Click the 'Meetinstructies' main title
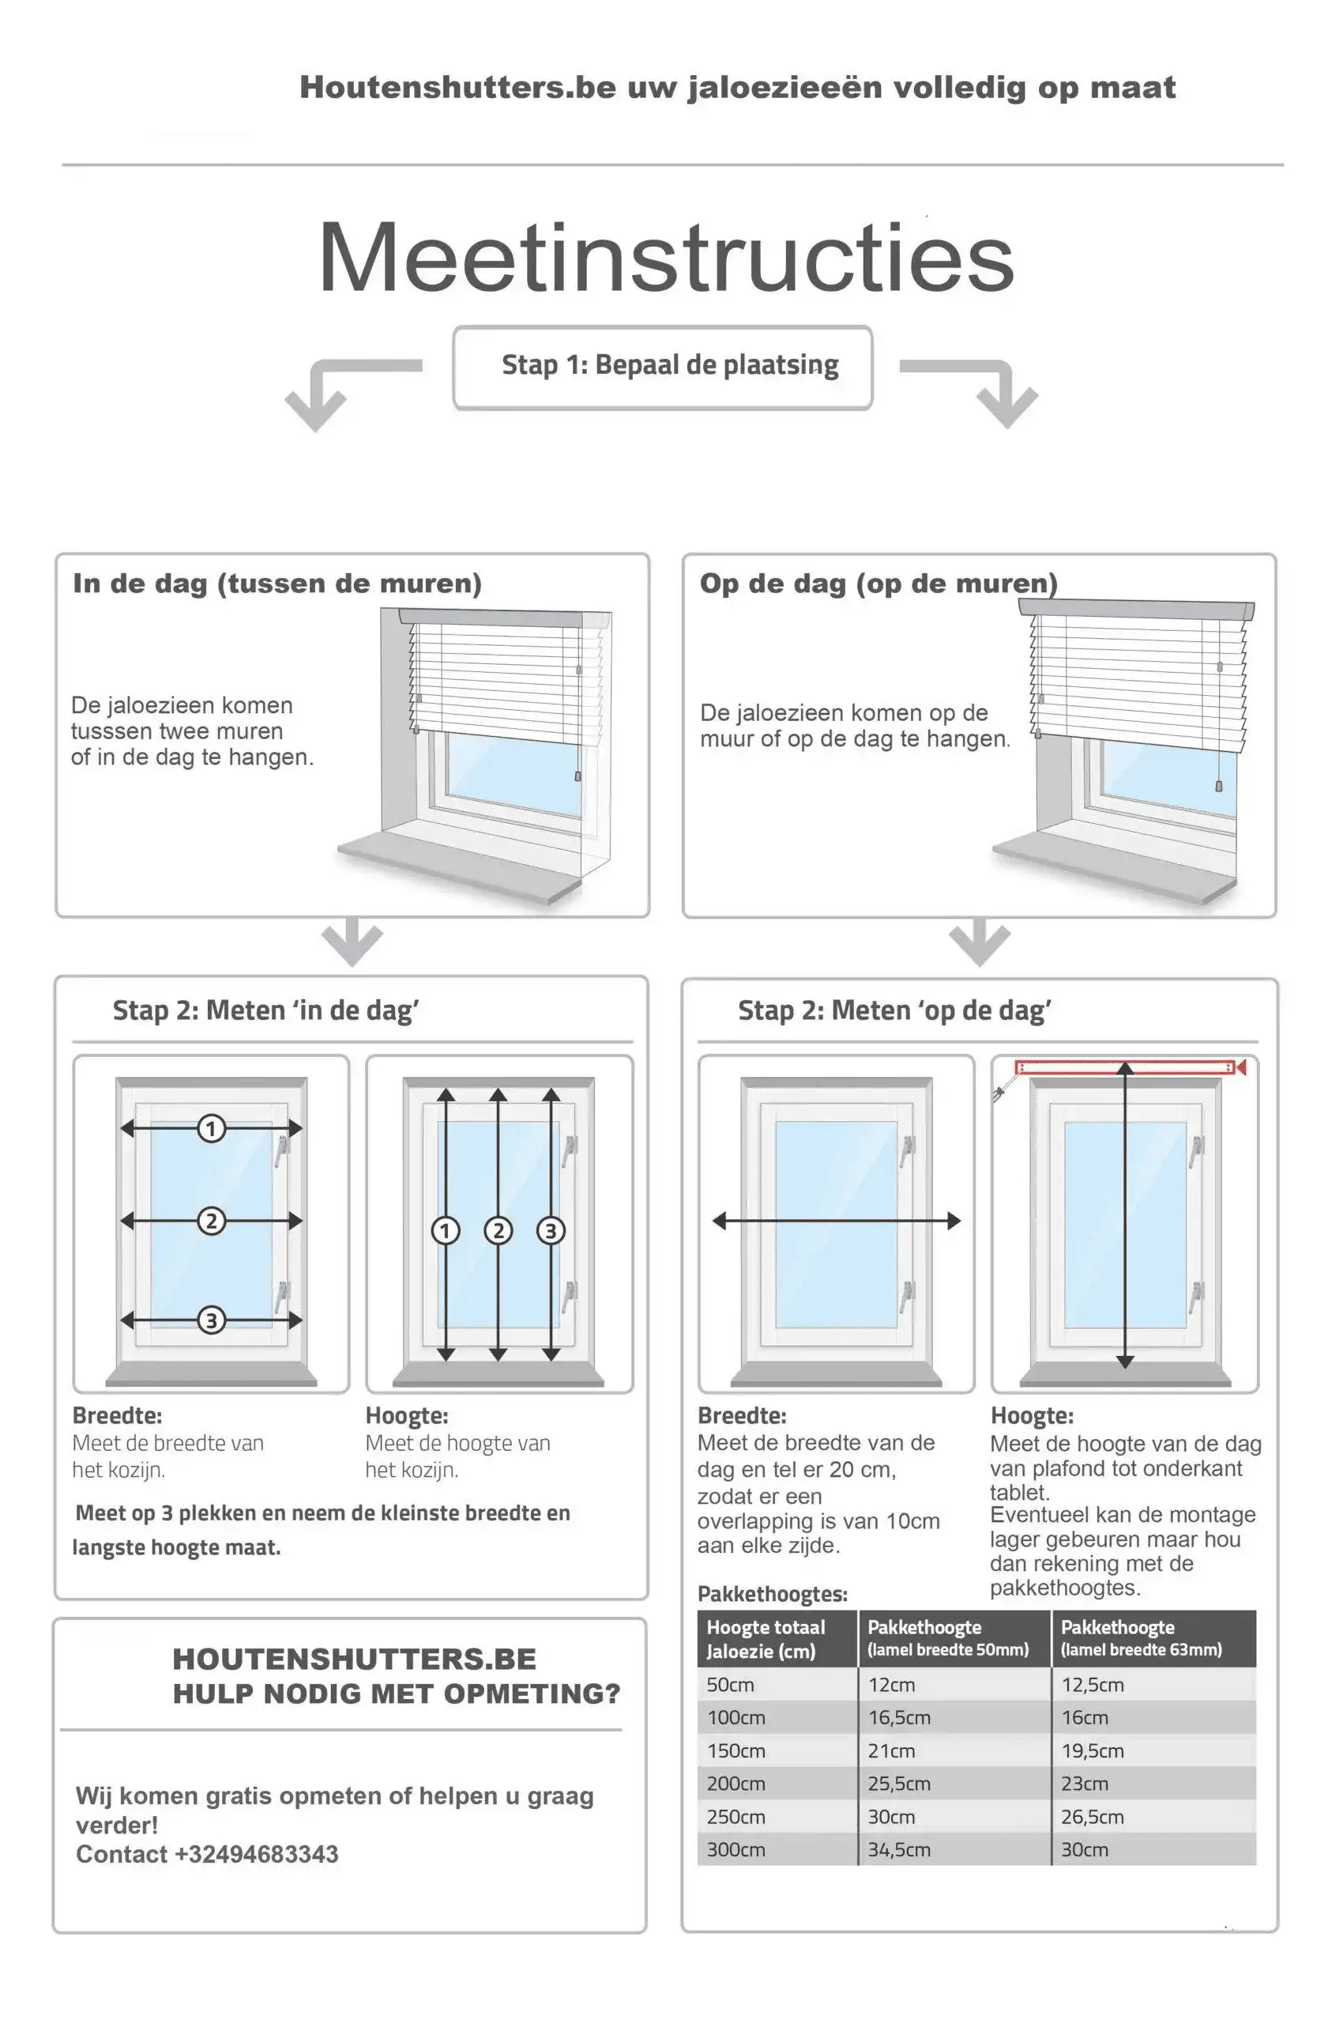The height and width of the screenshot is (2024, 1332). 665,257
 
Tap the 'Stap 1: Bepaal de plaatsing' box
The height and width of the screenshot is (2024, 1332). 662,367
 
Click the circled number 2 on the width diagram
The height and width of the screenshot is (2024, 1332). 211,1222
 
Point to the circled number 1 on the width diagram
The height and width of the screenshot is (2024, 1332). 211,1128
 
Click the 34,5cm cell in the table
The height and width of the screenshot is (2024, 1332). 898,1849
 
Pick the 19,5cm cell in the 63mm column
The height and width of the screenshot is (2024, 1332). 1092,1751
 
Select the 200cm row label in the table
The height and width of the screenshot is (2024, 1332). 736,1784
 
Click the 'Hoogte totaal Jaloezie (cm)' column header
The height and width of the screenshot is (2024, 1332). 766,1639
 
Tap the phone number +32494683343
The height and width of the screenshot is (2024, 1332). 256,1854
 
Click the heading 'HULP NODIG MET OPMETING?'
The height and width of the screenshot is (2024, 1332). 396,1694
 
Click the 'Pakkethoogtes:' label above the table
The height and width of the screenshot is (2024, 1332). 772,1594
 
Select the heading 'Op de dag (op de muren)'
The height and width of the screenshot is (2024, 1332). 878,583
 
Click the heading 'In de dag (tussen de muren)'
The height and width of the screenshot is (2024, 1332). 277,583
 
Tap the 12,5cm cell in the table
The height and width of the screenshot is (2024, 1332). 1092,1685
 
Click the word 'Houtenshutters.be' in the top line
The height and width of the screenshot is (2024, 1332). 457,87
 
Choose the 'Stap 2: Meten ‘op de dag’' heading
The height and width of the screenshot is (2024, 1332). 894,1010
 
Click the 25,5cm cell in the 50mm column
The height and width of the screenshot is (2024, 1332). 898,1784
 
